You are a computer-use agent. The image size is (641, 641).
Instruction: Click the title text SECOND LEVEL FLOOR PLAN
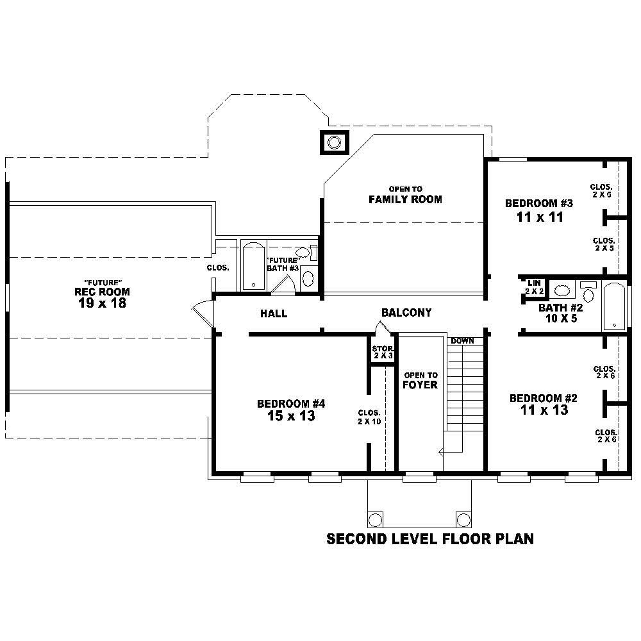click(x=429, y=539)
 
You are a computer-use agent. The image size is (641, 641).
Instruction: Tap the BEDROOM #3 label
click(x=538, y=204)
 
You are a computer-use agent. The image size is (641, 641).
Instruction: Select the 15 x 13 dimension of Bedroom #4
click(x=292, y=416)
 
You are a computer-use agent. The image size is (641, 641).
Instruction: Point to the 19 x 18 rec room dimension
click(x=102, y=303)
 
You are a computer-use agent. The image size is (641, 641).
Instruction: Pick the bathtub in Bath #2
click(x=613, y=306)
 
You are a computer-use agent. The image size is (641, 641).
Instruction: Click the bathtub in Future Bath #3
click(x=253, y=265)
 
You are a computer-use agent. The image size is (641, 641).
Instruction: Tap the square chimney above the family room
click(x=334, y=142)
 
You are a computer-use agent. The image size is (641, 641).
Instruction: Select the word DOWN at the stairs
click(x=462, y=341)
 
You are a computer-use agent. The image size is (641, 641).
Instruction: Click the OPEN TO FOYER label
click(x=420, y=380)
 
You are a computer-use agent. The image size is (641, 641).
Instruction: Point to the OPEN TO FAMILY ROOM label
click(x=405, y=195)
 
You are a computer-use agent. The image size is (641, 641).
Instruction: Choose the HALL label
click(x=274, y=314)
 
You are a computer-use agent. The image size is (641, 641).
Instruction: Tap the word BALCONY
click(x=406, y=313)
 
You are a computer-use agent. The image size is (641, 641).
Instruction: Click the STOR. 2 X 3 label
click(x=383, y=352)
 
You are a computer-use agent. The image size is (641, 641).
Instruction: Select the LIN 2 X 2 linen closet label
click(x=535, y=287)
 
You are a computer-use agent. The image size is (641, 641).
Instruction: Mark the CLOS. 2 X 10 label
click(x=369, y=417)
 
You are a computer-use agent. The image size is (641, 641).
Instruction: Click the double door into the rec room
click(x=203, y=314)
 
